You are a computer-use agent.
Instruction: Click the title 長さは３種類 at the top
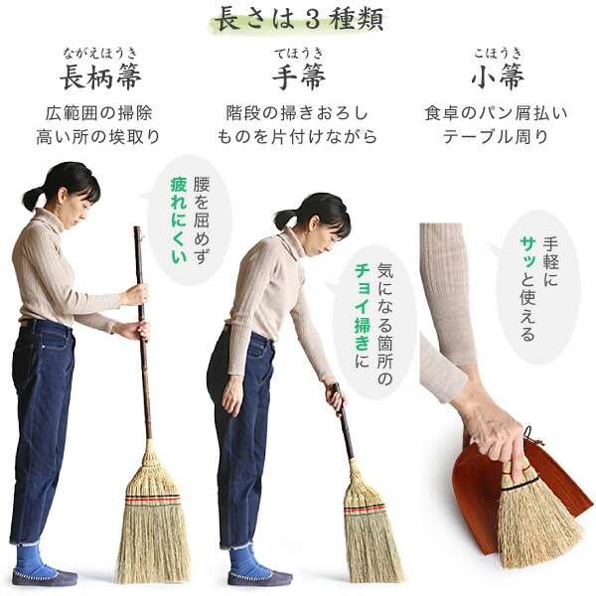[298, 19]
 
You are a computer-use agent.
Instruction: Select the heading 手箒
[297, 76]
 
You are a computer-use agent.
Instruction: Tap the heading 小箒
[497, 76]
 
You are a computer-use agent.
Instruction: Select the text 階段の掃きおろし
[297, 112]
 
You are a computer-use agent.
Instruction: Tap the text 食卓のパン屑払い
[497, 112]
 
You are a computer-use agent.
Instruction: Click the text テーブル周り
[497, 137]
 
